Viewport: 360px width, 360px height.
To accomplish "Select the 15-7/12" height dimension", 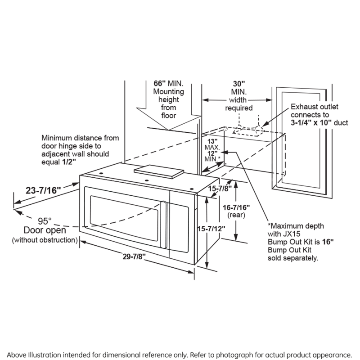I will click(216, 229).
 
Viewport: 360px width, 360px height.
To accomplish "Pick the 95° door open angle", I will click(45, 221).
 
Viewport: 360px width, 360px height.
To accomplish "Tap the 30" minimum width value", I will click(238, 83).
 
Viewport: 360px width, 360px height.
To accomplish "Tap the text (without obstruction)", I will click(44, 239).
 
